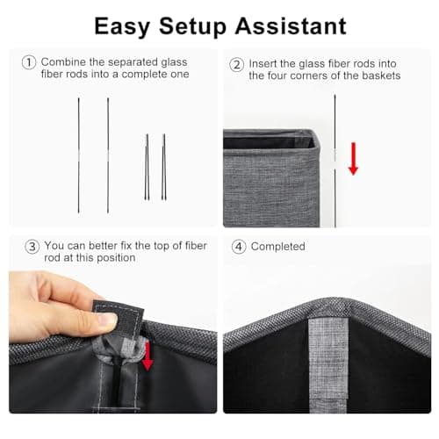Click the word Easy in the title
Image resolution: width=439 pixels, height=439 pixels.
coord(124,25)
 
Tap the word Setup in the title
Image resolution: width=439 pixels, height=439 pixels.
coord(191,25)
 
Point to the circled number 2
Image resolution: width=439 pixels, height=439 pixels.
coord(236,64)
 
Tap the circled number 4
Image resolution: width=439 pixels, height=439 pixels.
coord(237,247)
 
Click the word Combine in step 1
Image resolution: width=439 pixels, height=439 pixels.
coord(65,62)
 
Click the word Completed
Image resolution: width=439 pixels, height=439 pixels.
coord(278,247)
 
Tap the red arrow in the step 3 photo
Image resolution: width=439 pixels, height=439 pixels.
coord(148,355)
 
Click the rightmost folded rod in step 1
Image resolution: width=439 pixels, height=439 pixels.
coord(163,167)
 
